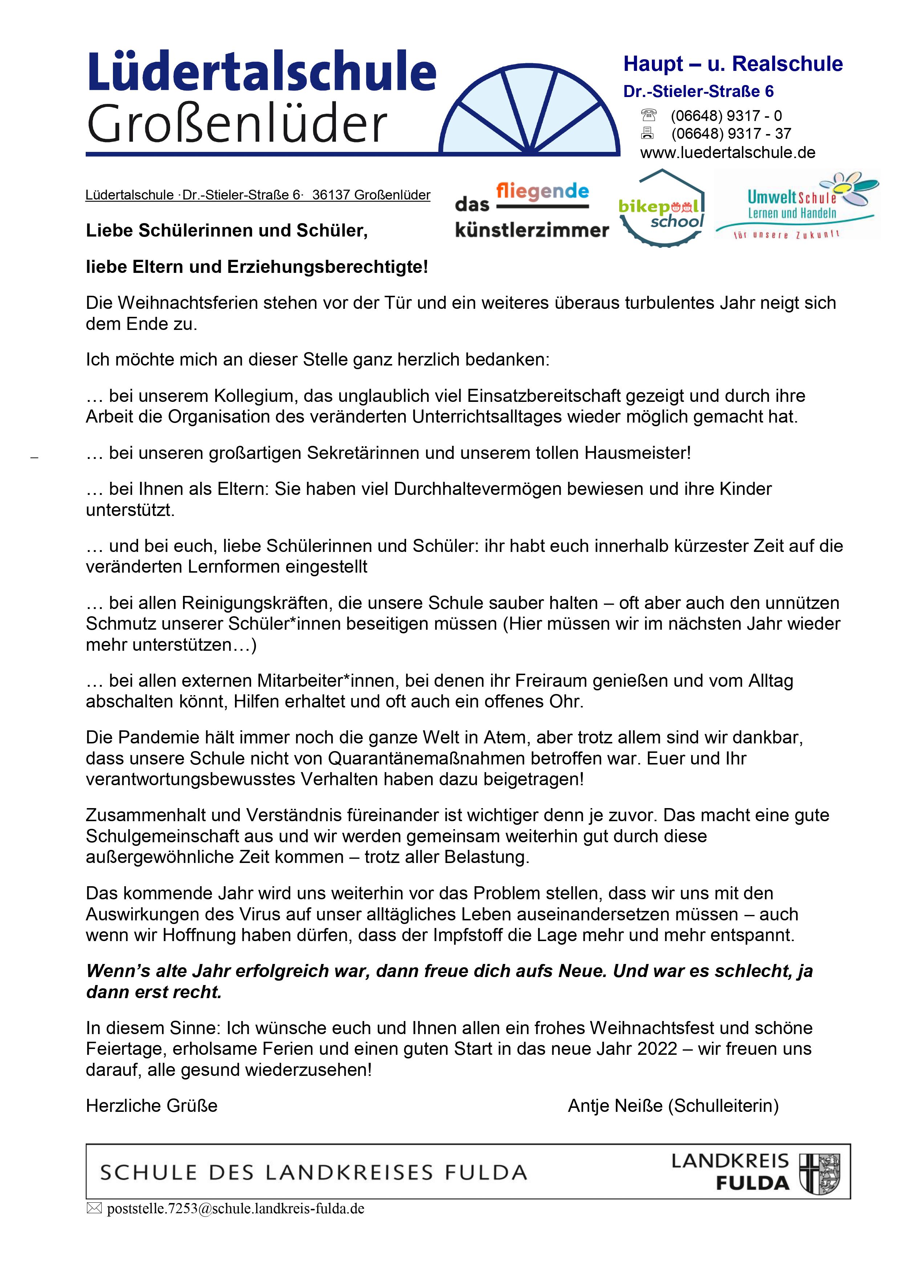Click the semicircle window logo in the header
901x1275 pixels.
pyautogui.click(x=530, y=111)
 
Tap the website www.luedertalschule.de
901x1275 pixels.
pyautogui.click(x=727, y=153)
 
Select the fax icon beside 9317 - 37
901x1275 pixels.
pyautogui.click(x=647, y=133)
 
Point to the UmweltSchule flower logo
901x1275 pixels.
pyautogui.click(x=797, y=205)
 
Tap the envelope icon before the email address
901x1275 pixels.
pyautogui.click(x=94, y=1209)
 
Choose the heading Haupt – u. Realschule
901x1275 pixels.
pyautogui.click(x=733, y=64)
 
